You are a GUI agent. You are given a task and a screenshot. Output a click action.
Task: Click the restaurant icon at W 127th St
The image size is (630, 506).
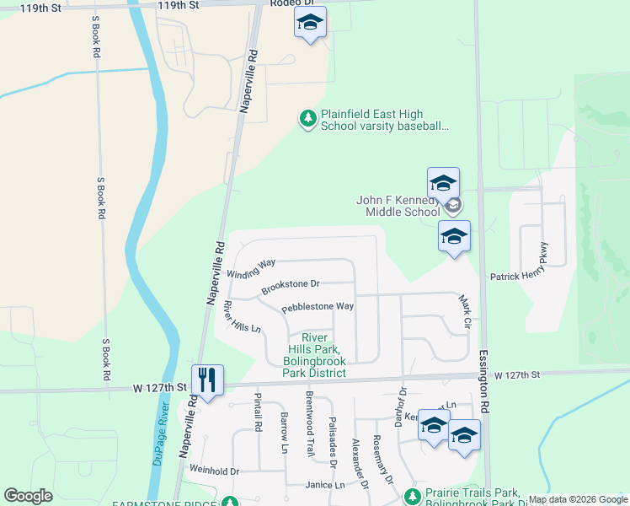pyautogui.click(x=207, y=380)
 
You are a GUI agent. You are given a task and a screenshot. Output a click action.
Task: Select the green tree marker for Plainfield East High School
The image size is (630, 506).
pyautogui.click(x=309, y=121)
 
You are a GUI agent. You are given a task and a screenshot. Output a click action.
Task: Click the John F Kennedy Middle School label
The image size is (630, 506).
pyautogui.click(x=398, y=206)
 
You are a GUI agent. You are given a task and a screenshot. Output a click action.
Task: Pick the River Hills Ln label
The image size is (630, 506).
pyautogui.click(x=242, y=316)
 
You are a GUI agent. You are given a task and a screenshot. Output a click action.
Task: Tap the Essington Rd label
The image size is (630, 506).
pyautogui.click(x=484, y=380)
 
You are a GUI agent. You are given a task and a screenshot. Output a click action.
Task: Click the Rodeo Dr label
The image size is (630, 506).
pyautogui.click(x=292, y=4)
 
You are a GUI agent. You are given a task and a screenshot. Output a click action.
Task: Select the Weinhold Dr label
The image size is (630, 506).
pyautogui.click(x=215, y=471)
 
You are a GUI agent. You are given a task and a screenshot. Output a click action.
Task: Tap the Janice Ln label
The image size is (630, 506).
pyautogui.click(x=325, y=485)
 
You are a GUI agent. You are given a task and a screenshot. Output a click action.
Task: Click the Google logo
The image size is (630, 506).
pyautogui.click(x=29, y=497)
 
